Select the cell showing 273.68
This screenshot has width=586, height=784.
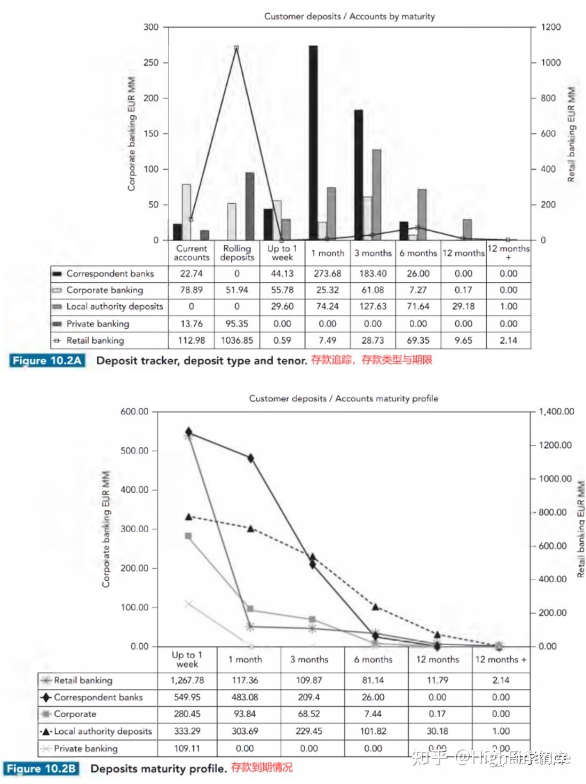pyautogui.click(x=327, y=274)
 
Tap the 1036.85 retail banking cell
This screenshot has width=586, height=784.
pyautogui.click(x=237, y=340)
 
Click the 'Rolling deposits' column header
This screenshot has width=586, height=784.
pyautogui.click(x=237, y=252)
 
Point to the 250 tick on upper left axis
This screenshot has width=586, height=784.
pyautogui.click(x=151, y=62)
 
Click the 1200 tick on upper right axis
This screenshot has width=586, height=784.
pyautogui.click(x=550, y=27)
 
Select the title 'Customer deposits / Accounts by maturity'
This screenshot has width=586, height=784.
pyautogui.click(x=350, y=17)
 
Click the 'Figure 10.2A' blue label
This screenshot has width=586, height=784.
pyautogui.click(x=47, y=361)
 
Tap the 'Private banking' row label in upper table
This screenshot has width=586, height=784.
pyautogui.click(x=98, y=324)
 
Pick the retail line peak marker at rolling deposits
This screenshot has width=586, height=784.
pyautogui.click(x=236, y=48)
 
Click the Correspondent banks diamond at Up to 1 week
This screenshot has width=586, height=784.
pyautogui.click(x=188, y=431)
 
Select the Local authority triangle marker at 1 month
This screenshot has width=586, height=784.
pyautogui.click(x=250, y=528)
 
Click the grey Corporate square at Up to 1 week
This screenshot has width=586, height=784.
pyautogui.click(x=188, y=536)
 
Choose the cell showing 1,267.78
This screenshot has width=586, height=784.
pyautogui.click(x=187, y=680)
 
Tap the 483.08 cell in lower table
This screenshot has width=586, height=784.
pyautogui.click(x=245, y=698)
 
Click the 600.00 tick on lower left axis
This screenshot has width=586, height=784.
pyautogui.click(x=134, y=411)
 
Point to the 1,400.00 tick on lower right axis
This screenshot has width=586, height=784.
pyautogui.click(x=556, y=411)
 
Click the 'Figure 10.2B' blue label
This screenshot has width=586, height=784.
pyautogui.click(x=41, y=769)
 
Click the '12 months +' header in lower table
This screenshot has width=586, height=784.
pyautogui.click(x=500, y=660)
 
